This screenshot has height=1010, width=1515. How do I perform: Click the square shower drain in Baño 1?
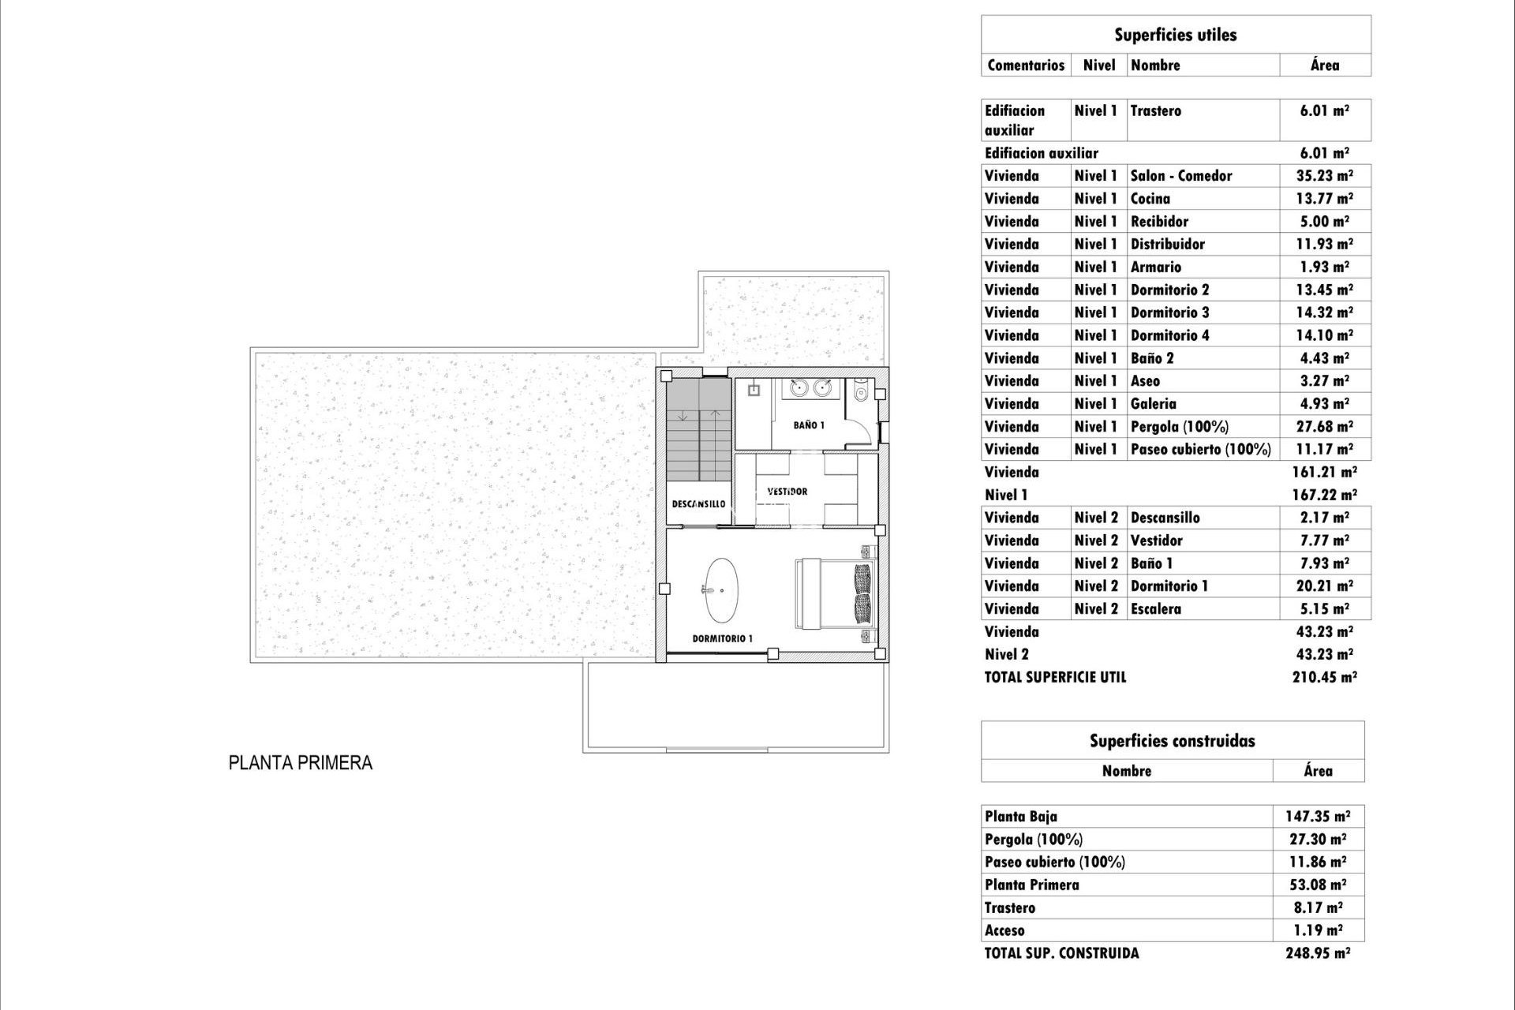pos(753,390)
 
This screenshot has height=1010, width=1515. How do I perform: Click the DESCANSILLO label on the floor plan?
pos(698,503)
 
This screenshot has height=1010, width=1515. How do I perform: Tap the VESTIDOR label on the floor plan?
pos(787,491)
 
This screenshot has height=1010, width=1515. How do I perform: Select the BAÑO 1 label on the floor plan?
pos(809,425)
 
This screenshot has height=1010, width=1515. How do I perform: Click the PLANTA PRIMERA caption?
pos(300,763)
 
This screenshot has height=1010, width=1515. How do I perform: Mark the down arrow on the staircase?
pos(683,416)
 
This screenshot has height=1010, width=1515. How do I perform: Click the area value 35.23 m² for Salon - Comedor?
pos(1324,176)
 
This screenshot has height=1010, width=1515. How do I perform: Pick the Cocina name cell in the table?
pos(1150,199)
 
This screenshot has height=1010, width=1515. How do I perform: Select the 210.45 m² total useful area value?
pos(1324,677)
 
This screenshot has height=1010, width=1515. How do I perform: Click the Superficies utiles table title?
pos(1175,35)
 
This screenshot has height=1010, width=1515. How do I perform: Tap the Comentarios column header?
pos(1026,65)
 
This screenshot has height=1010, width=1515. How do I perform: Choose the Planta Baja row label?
pos(1020,817)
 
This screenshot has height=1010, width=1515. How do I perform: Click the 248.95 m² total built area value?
pos(1318,953)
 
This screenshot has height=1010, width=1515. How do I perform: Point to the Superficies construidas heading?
pos(1172,741)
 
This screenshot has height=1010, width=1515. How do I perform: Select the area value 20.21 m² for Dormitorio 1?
pos(1324,586)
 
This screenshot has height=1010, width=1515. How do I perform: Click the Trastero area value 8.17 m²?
pos(1318,907)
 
